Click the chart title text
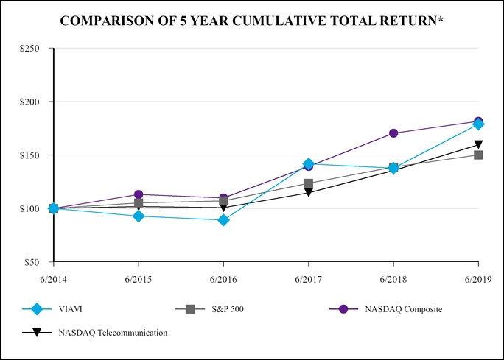point(251,20)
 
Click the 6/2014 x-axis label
point(54,280)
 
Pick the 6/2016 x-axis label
point(223,280)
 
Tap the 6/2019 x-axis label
point(478,280)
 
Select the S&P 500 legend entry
point(228,309)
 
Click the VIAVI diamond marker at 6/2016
point(223,220)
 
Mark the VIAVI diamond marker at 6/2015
point(139,216)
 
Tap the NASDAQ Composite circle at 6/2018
point(393,133)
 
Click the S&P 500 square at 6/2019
point(478,155)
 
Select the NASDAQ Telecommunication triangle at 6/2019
point(478,145)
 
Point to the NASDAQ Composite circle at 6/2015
point(139,194)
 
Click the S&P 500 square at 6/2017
point(308,183)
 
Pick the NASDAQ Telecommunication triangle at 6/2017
point(308,193)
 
